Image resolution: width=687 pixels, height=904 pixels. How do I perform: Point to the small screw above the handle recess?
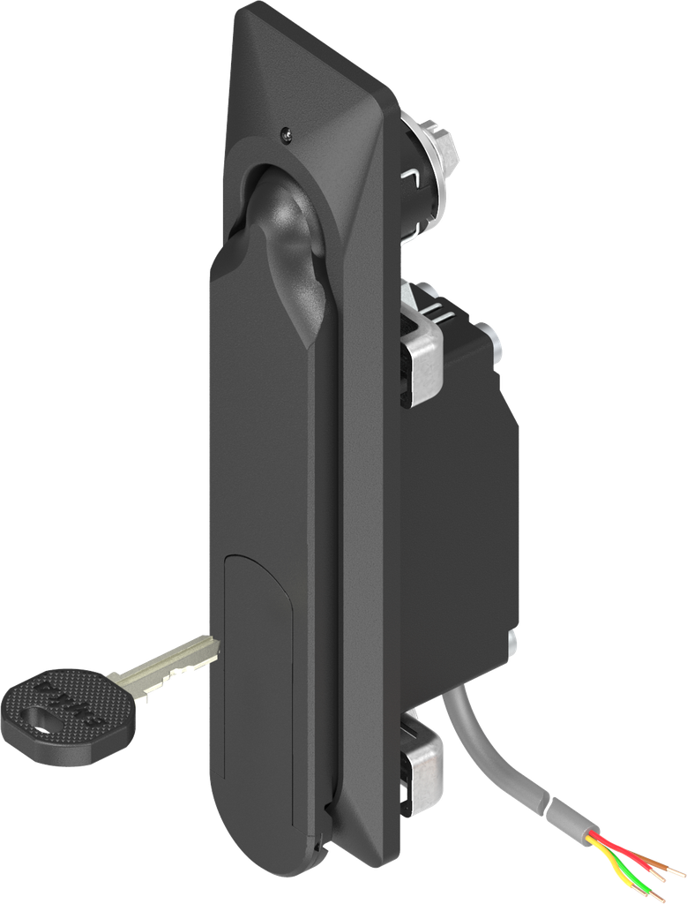point(285,134)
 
